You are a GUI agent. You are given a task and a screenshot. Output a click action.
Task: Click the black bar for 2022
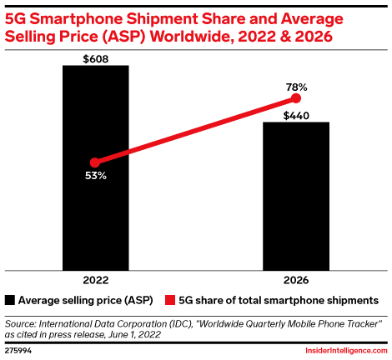click(96, 167)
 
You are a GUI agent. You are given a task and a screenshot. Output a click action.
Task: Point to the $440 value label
click(296, 115)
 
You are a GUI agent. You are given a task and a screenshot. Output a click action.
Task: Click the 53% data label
click(94, 177)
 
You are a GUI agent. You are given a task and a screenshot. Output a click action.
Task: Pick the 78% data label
click(296, 87)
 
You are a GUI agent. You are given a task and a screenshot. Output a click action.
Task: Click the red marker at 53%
click(95, 162)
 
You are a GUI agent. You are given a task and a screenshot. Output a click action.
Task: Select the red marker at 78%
click(296, 98)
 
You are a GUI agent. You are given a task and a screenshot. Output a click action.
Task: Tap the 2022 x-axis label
click(95, 279)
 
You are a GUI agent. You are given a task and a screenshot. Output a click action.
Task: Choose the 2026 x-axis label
click(296, 279)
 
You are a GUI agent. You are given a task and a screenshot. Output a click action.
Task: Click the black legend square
click(9, 298)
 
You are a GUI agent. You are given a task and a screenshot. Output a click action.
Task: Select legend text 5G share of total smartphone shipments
click(276, 298)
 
